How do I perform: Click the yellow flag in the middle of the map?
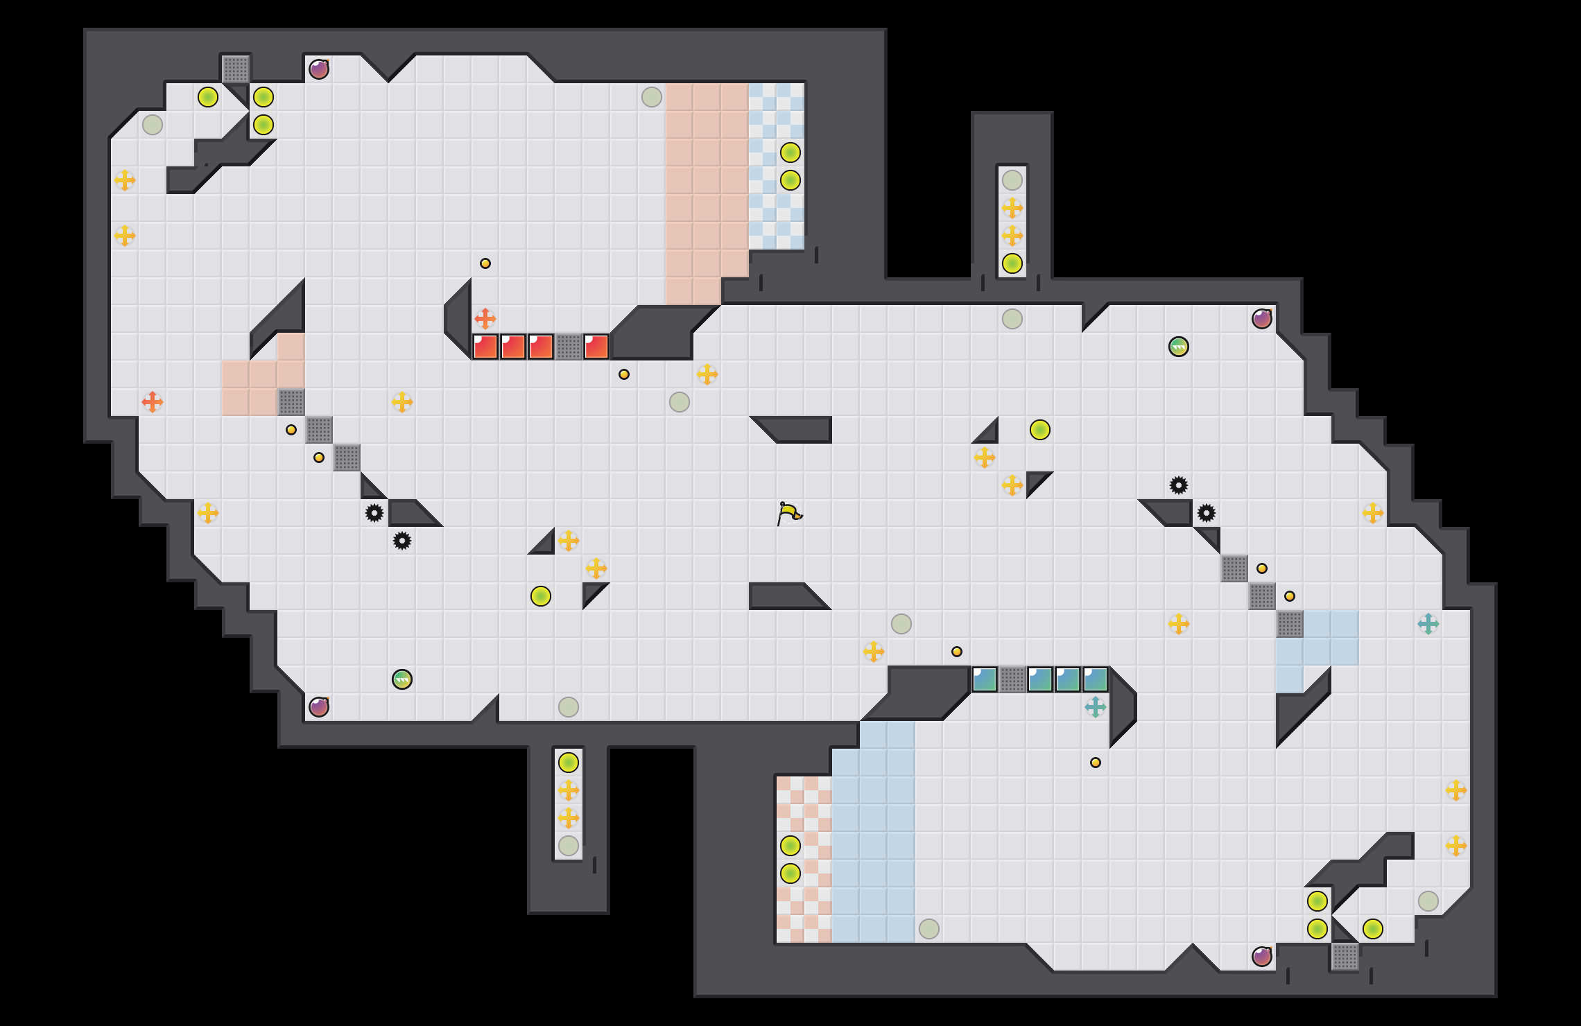pos(789,513)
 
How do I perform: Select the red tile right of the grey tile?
pos(596,347)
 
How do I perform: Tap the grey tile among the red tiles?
pos(569,347)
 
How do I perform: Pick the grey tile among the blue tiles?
pos(1012,679)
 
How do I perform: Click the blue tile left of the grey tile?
pos(985,679)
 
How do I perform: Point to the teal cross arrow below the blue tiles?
pos(1096,707)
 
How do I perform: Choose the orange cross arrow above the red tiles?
pos(485,319)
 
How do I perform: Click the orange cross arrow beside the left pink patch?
pos(153,402)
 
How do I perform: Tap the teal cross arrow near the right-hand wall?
pos(1428,624)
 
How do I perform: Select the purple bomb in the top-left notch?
pos(319,69)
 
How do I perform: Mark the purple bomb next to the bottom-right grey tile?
pos(1262,957)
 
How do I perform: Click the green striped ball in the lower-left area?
pos(402,679)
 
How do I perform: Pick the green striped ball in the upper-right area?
pos(1179,347)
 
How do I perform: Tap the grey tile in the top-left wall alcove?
pos(236,69)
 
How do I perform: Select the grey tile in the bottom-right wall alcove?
pos(1345,957)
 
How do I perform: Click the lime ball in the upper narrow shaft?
pos(1012,263)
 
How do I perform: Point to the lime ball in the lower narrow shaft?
pos(569,763)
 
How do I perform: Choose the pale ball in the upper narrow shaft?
pos(1012,180)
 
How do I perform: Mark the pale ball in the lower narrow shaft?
pos(569,846)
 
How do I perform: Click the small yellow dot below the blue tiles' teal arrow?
pos(1096,763)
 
